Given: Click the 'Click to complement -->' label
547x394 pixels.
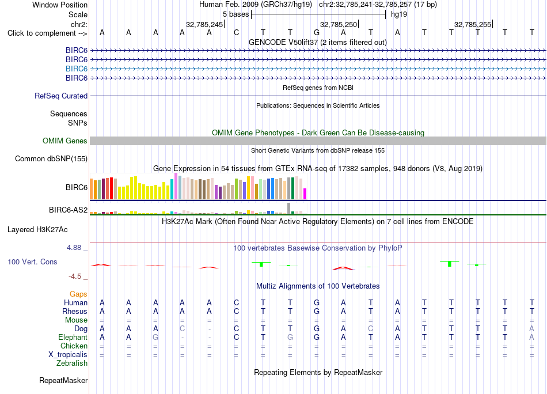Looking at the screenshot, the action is click(47, 33).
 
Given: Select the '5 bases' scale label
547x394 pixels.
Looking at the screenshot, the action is click(236, 14).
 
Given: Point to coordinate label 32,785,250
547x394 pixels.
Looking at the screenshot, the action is click(339, 24).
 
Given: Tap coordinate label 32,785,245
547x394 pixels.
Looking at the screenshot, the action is click(204, 24).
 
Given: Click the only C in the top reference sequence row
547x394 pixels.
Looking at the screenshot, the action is click(236, 33).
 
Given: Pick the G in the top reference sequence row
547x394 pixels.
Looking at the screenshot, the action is click(317, 33).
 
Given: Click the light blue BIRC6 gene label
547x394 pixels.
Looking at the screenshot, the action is click(77, 69).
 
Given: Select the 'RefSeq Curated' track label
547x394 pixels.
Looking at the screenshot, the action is click(61, 96).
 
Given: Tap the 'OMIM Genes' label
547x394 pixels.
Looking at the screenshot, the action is click(65, 141).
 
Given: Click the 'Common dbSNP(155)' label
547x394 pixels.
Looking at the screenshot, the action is click(51, 159).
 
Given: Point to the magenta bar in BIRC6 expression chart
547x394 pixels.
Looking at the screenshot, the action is click(305, 194).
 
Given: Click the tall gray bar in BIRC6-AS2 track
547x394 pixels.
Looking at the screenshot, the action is click(288, 208).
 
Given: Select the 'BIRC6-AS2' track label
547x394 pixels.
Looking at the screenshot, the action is click(68, 210).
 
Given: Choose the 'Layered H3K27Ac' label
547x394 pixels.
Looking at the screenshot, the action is click(37, 230).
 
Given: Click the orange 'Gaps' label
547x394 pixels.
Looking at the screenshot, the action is click(78, 294).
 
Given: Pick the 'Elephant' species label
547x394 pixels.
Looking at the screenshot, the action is click(73, 338).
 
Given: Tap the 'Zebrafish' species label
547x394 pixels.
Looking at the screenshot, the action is click(72, 363).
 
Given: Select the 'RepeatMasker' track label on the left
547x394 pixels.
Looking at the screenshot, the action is click(63, 380).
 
